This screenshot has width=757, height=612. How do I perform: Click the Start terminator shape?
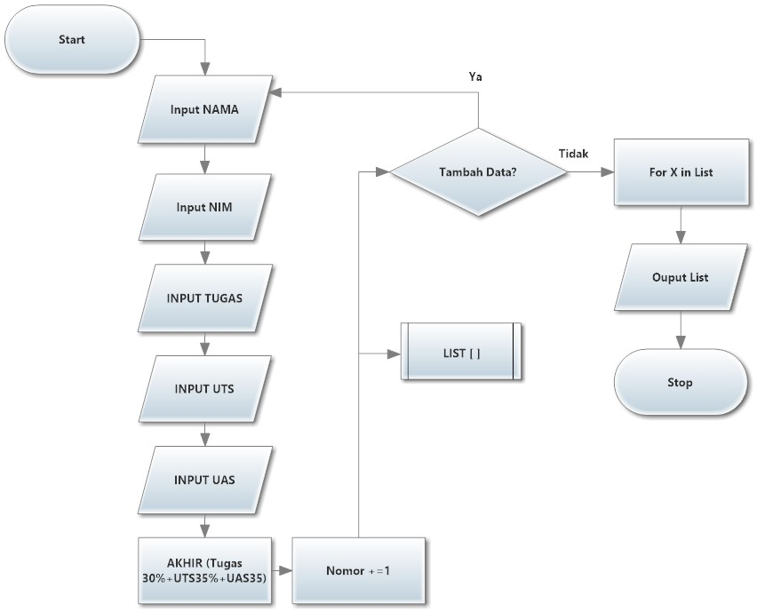click(x=72, y=40)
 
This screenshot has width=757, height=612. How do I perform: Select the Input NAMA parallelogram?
click(x=205, y=110)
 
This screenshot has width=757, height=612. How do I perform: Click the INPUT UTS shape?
click(x=205, y=388)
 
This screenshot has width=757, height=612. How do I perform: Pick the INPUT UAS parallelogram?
click(x=205, y=480)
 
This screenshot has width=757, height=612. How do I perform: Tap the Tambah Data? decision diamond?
click(x=479, y=173)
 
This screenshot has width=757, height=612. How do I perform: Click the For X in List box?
click(x=681, y=172)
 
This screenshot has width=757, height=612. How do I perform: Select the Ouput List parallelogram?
click(x=681, y=276)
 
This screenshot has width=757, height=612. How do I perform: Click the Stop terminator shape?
click(x=681, y=383)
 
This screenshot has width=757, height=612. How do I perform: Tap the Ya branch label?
click(x=475, y=77)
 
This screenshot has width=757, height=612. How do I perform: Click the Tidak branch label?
click(x=573, y=153)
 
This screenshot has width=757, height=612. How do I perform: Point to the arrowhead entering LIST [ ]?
click(x=394, y=353)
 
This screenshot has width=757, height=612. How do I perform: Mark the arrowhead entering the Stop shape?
click(x=681, y=343)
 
